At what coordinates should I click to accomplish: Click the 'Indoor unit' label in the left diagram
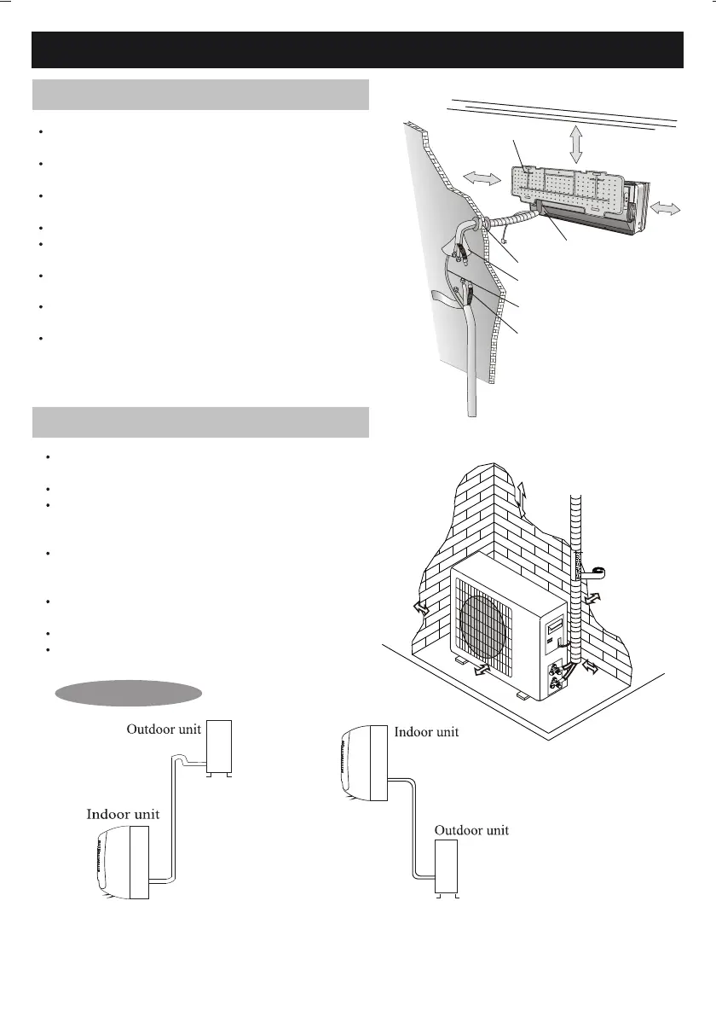click(123, 814)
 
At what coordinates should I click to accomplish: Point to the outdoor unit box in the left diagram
click(220, 747)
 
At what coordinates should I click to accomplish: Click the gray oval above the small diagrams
click(128, 693)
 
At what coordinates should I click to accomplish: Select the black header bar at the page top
click(358, 49)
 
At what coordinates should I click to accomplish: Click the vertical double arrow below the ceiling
click(577, 142)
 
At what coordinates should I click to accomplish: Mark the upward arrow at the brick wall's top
click(523, 493)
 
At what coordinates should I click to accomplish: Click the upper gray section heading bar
click(200, 95)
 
